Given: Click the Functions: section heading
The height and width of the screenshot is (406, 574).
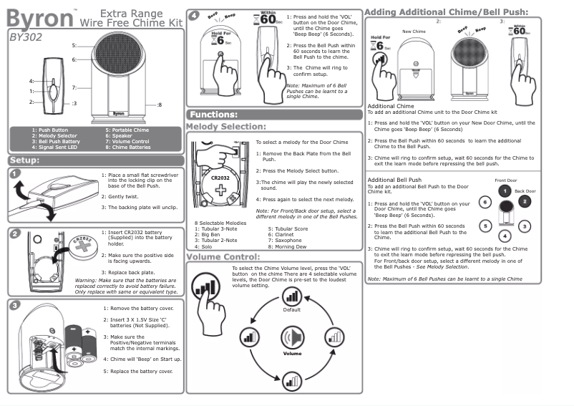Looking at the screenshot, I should coord(214,115).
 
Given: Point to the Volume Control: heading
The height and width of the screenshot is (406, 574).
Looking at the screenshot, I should coord(223,257).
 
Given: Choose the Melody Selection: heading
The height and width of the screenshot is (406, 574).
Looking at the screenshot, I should coord(225,127).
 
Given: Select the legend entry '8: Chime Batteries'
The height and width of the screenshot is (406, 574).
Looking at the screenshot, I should coord(127,148).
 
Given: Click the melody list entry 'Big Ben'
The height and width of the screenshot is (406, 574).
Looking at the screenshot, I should coord(210,233).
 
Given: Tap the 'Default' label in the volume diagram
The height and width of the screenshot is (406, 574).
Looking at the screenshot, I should coord(291,310).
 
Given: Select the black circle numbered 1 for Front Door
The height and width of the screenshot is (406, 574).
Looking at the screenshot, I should coord(505,191).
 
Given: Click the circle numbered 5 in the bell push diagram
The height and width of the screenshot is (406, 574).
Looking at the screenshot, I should coord(485,226).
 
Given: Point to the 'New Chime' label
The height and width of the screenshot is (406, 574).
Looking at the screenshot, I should coord(414,32).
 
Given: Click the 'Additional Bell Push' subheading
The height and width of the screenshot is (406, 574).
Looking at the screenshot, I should coord(394,179).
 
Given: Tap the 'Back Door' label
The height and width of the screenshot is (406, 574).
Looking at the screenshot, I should coord(525,192).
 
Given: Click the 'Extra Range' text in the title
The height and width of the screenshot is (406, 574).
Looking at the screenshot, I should coord(132,14).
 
